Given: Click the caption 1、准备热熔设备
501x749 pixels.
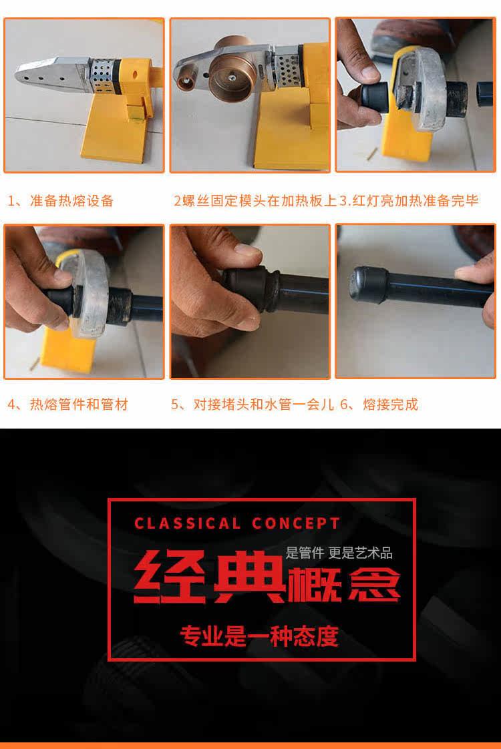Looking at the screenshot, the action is point(61,201).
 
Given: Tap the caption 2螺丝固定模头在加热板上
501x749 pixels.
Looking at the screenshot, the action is point(255,201).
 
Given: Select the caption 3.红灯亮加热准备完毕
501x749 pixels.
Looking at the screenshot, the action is point(409,201).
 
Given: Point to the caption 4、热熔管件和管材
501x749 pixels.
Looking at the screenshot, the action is point(68,405).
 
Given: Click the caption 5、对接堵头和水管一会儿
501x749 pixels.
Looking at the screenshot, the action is point(253,405).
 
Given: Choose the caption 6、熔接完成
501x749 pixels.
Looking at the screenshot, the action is point(379,405).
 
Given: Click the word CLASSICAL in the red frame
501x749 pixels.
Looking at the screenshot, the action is point(188,523).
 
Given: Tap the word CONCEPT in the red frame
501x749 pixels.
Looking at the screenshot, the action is point(296,523).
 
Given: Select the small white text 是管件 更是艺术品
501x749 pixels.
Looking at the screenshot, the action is point(339,553).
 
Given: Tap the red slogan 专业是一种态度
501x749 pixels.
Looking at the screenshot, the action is point(259,636).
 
